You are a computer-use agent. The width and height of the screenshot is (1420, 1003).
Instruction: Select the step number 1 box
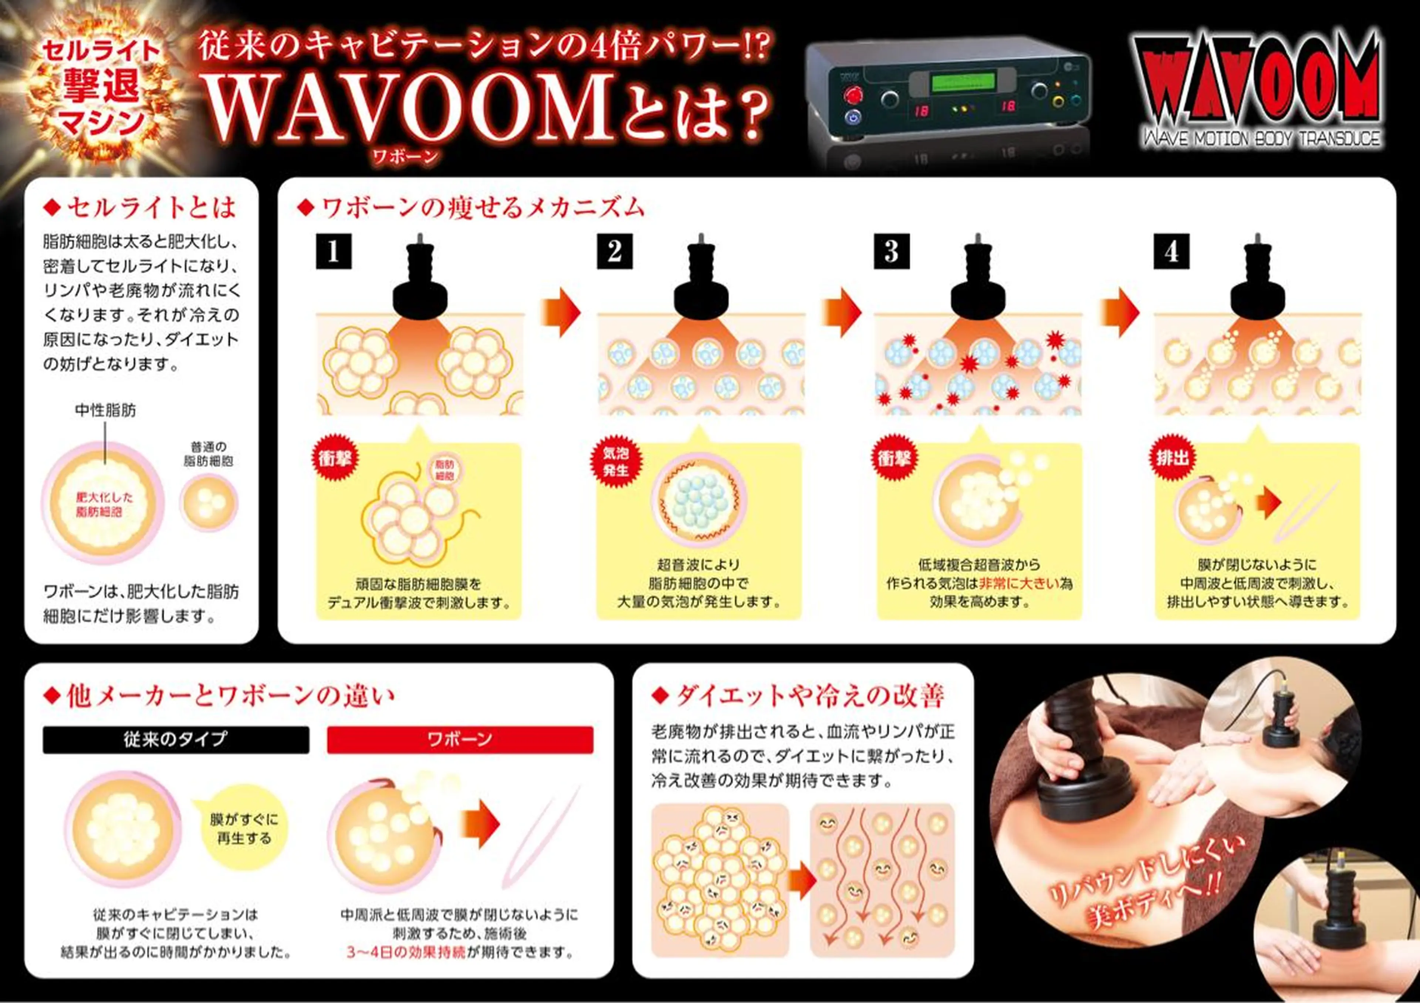pyautogui.click(x=334, y=251)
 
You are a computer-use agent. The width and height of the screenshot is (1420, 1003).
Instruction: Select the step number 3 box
pyautogui.click(x=891, y=251)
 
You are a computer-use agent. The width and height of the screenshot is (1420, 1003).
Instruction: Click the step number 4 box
pyautogui.click(x=1171, y=251)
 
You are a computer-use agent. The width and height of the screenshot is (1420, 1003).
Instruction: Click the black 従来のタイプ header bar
pyautogui.click(x=176, y=740)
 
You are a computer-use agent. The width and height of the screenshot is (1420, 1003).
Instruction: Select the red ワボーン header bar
pyautogui.click(x=460, y=740)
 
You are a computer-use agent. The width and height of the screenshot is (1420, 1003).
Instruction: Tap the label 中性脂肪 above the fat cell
pyautogui.click(x=105, y=410)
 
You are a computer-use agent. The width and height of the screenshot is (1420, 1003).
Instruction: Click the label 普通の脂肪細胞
pyautogui.click(x=209, y=454)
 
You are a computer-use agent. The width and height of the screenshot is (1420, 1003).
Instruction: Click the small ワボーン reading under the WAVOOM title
pyautogui.click(x=405, y=155)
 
